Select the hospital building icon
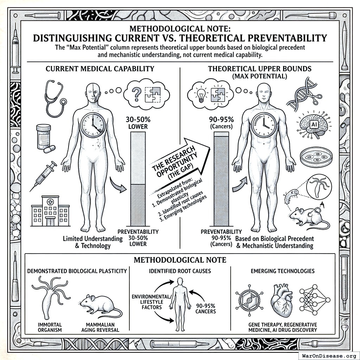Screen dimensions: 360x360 pyautogui.click(x=50, y=211)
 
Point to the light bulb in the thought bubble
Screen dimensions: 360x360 pyautogui.click(x=201, y=94)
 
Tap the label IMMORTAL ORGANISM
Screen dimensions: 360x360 pyautogui.click(x=49, y=327)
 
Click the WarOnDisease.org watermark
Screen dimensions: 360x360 pyautogui.click(x=328, y=355)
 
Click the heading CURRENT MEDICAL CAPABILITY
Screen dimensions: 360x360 pyautogui.click(x=100, y=69)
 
